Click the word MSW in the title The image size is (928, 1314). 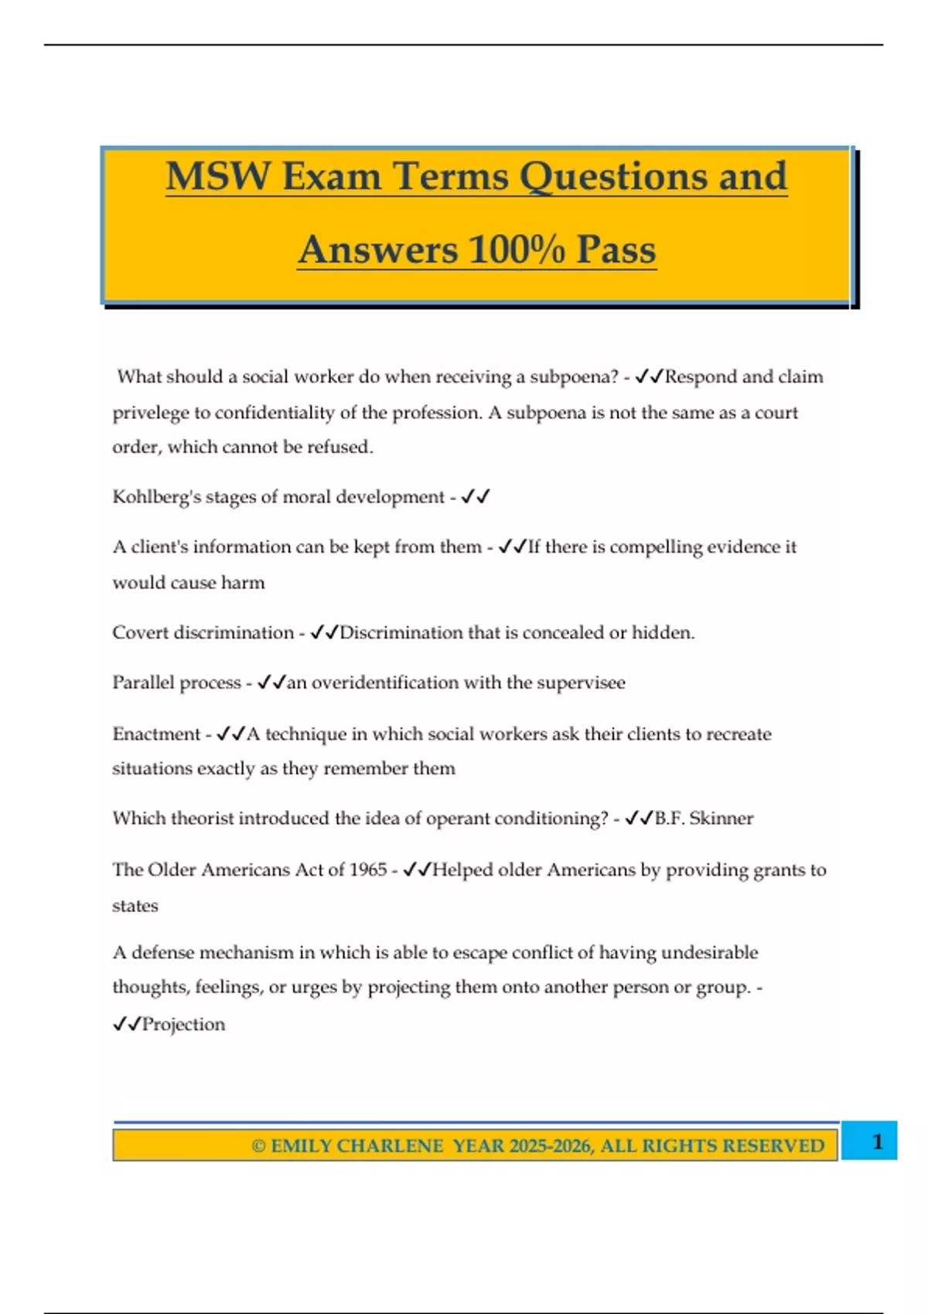217,176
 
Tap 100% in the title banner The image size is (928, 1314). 516,250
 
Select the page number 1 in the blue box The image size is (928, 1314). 877,1142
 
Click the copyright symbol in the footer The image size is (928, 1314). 258,1146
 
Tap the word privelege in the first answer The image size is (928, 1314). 150,413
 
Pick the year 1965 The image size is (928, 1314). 367,870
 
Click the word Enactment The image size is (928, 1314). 156,734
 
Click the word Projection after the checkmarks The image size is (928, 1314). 184,1025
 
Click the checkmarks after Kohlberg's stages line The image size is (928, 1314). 476,497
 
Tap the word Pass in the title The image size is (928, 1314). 616,250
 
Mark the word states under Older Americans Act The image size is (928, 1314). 135,906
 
